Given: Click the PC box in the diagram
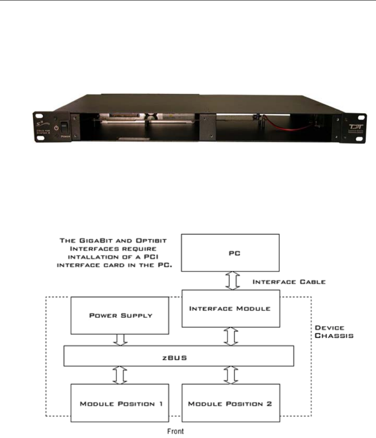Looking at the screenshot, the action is point(231,251).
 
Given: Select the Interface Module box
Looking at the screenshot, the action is point(231,308).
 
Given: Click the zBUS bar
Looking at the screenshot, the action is point(178,356).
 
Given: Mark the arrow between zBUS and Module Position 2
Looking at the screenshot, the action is point(232,375).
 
